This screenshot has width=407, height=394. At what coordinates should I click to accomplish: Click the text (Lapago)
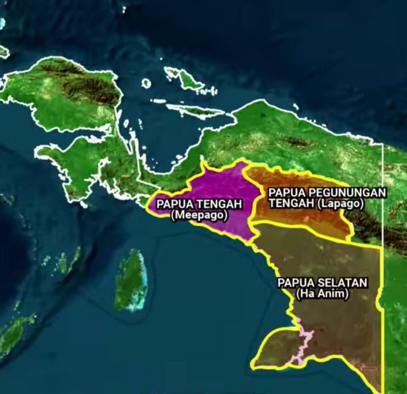pos(341,204)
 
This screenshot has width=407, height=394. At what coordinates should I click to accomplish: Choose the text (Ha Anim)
pos(322,294)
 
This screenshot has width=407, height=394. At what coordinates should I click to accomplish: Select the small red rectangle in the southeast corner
pos(369,368)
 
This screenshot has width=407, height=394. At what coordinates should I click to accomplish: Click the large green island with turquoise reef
pos(131,279)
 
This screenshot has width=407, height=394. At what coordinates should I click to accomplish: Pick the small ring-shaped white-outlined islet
pos(146,83)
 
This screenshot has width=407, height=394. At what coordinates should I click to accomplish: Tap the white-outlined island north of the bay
pos(185,78)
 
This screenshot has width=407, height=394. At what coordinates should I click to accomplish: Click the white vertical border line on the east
pos(383,189)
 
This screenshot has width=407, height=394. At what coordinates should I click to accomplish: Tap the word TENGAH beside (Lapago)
pos(291,204)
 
